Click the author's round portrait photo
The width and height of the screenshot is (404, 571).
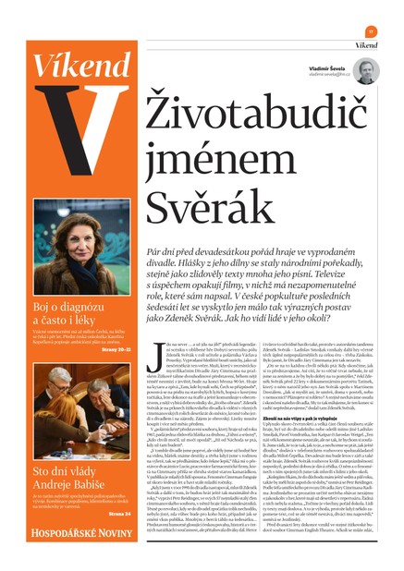tap(365, 70)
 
